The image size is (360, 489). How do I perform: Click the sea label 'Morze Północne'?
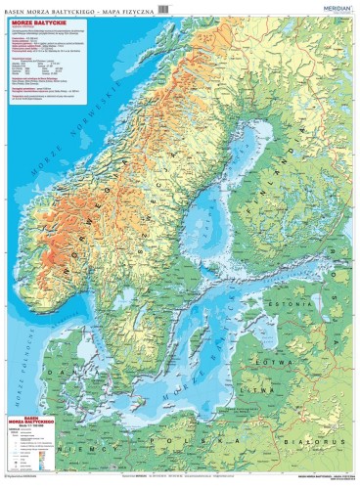[x=22, y=362]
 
